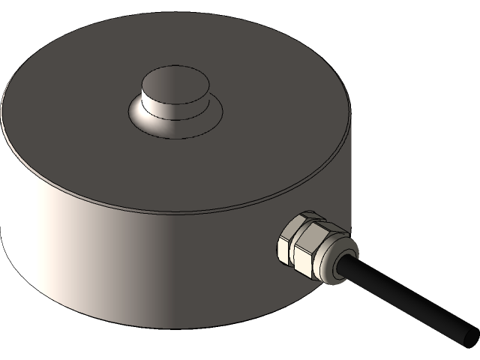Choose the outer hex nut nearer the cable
(315, 251)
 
